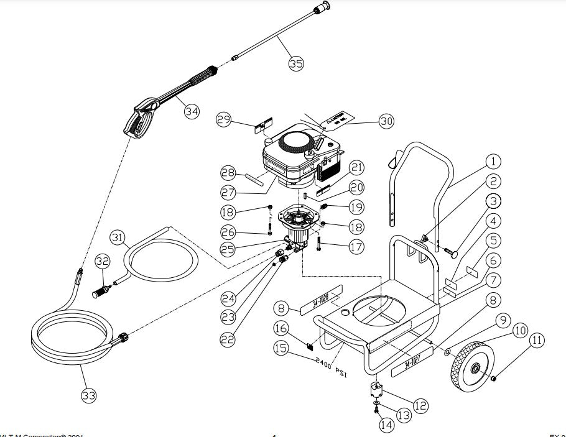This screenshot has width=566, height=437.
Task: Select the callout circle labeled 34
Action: [192, 111]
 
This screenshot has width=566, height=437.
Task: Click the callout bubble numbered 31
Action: [118, 237]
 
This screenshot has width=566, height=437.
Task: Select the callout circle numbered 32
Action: [103, 262]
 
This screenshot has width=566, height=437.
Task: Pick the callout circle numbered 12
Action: [421, 406]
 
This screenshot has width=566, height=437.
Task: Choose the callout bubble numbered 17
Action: [356, 247]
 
